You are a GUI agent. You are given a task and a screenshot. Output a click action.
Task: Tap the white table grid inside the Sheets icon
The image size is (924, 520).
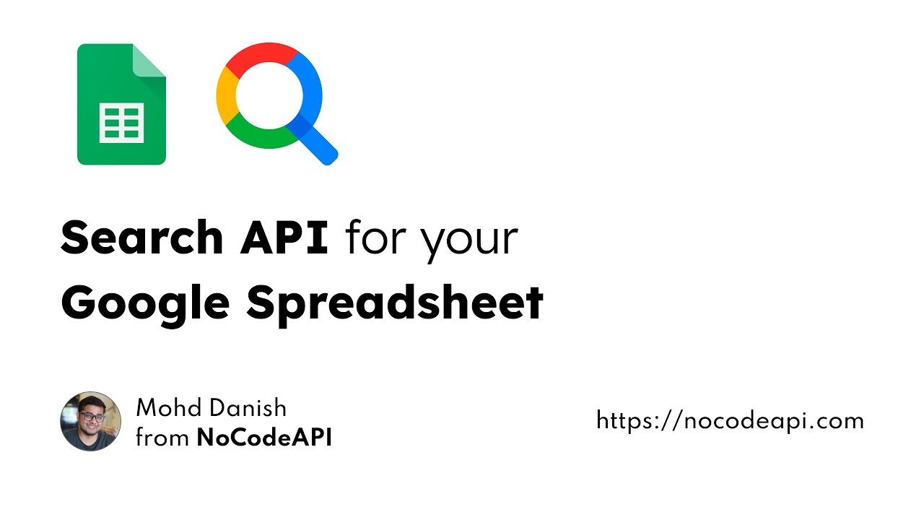121,122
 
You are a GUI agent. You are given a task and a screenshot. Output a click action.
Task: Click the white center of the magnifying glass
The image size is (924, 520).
269,95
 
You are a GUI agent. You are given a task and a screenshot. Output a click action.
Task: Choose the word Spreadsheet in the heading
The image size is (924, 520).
395,303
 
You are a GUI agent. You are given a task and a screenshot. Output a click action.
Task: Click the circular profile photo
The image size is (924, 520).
90,422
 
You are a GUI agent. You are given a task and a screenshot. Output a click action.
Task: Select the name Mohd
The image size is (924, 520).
170,408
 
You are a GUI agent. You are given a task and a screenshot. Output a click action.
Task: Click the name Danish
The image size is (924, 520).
248,408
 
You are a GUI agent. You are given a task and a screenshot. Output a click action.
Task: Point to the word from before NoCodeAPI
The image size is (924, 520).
162,438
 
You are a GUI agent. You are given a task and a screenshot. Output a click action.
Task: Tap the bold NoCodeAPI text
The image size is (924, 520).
264,438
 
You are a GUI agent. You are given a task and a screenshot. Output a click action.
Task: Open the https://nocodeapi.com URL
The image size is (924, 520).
730,420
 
